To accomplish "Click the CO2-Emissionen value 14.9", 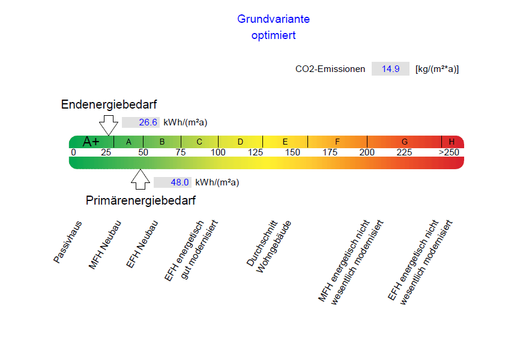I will pyautogui.click(x=390, y=69).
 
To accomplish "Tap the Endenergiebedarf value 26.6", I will pyautogui.click(x=148, y=122).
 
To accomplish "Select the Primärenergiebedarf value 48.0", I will pyautogui.click(x=180, y=182).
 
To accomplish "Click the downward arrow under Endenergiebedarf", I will pyautogui.click(x=109, y=125).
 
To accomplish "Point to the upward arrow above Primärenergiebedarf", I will pyautogui.click(x=141, y=179).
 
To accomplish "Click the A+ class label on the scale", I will pyautogui.click(x=91, y=142).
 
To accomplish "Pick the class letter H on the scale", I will pyautogui.click(x=452, y=142).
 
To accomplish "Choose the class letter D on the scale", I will pyautogui.click(x=240, y=142).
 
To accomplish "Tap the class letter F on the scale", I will pyautogui.click(x=337, y=142).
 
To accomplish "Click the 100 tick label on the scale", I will pyautogui.click(x=218, y=152).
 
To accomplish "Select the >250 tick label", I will pyautogui.click(x=449, y=152).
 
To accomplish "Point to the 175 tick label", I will pyautogui.click(x=330, y=152).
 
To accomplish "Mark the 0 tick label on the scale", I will pyautogui.click(x=73, y=152).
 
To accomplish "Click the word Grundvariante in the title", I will pyautogui.click(x=273, y=19).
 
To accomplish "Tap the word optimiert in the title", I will pyautogui.click(x=273, y=35).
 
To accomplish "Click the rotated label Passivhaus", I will pyautogui.click(x=67, y=242).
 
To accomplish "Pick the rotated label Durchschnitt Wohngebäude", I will pyautogui.click(x=269, y=246).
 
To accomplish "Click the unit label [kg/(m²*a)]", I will pyautogui.click(x=437, y=69).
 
